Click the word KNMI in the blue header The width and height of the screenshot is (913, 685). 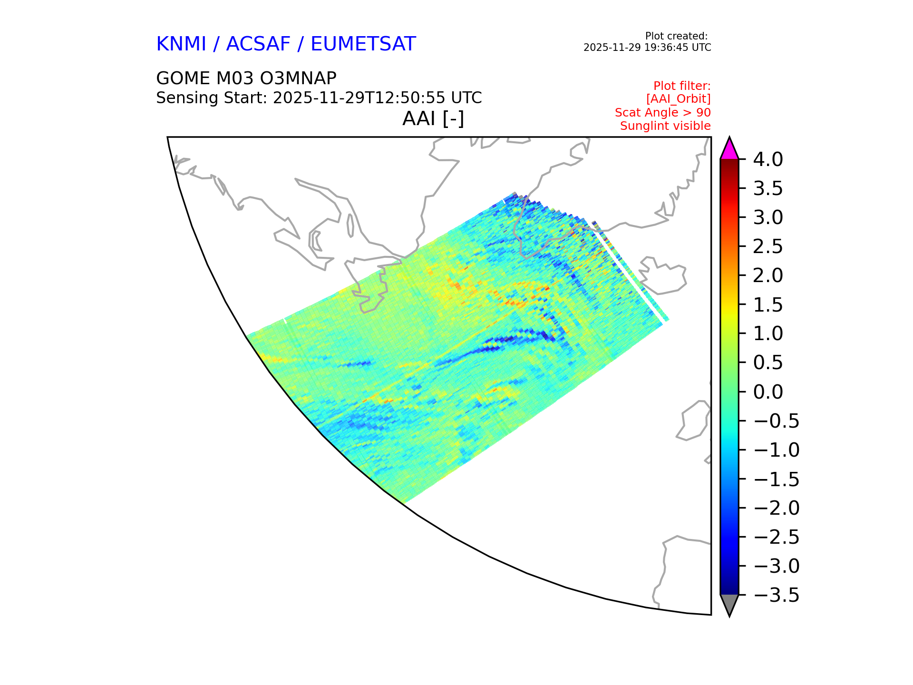click(x=181, y=44)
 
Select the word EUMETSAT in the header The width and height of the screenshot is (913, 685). click(x=363, y=44)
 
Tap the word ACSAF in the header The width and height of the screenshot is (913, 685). click(x=258, y=44)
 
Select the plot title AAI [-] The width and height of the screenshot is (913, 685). click(x=433, y=118)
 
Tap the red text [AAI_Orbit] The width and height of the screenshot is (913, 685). click(x=678, y=99)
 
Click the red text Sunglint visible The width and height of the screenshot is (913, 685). click(x=665, y=126)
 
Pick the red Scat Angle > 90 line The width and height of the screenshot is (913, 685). click(x=663, y=113)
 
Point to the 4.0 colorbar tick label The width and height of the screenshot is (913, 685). click(x=768, y=159)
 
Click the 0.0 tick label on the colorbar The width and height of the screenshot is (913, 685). click(x=768, y=392)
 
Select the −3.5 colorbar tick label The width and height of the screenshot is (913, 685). click(x=777, y=595)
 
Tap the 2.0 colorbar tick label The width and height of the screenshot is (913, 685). click(x=768, y=275)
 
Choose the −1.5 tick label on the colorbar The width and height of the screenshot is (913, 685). click(x=777, y=479)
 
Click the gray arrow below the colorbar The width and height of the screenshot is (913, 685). click(x=729, y=604)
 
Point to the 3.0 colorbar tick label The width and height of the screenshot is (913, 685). click(x=768, y=217)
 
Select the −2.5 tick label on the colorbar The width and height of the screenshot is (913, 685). click(x=777, y=537)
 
